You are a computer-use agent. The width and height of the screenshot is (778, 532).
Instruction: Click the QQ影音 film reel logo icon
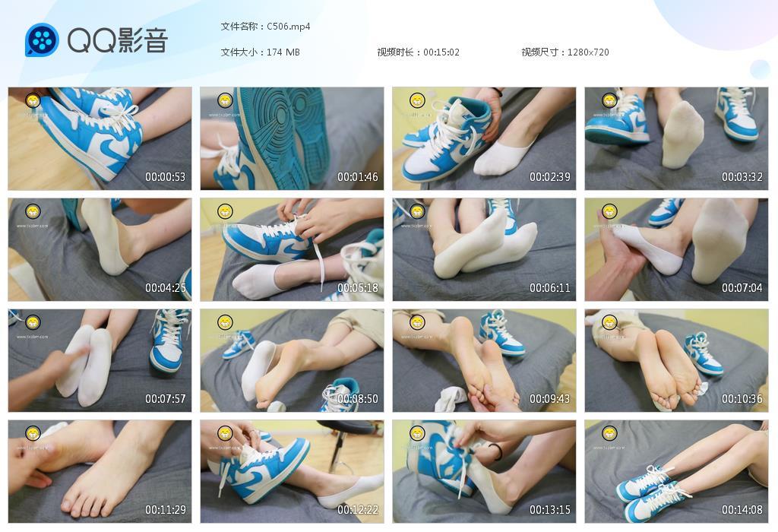[42, 40]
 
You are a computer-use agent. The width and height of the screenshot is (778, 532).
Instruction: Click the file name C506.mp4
[288, 27]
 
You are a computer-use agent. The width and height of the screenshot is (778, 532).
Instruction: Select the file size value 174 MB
[283, 52]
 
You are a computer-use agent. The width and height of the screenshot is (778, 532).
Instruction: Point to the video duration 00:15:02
[441, 52]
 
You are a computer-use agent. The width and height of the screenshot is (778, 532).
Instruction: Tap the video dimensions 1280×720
[587, 52]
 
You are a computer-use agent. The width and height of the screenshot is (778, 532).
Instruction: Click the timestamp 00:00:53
[165, 177]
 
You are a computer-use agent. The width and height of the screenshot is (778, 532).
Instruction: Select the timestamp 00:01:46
[357, 177]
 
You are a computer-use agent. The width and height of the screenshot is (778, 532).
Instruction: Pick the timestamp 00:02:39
[549, 177]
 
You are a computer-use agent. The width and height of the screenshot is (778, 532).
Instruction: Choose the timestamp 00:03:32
[742, 177]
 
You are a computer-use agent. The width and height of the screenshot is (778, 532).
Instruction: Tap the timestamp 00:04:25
[165, 288]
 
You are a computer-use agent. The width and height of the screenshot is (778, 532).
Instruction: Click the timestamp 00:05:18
[357, 288]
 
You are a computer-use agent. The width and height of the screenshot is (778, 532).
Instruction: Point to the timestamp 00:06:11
[549, 288]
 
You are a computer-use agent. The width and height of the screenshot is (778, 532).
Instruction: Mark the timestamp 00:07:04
[742, 288]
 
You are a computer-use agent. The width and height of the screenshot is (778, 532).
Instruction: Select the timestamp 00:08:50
[357, 399]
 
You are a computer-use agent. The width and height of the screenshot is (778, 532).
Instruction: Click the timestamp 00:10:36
[742, 399]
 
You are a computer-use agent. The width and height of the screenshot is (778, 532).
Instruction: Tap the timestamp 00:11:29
[165, 510]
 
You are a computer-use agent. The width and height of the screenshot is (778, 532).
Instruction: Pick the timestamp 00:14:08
[742, 510]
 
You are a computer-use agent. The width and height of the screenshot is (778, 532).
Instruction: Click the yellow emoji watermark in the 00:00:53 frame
[33, 100]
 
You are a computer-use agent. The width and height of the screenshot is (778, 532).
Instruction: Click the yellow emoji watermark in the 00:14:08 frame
[609, 433]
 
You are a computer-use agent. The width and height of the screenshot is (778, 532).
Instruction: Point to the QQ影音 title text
[117, 40]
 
